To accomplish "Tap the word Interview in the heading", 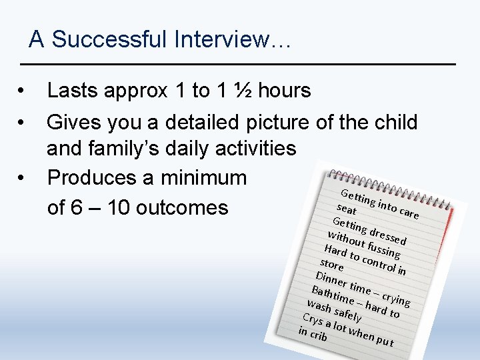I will [224, 40].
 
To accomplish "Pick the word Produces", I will [97, 179].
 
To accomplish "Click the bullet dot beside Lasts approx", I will [23, 91].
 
